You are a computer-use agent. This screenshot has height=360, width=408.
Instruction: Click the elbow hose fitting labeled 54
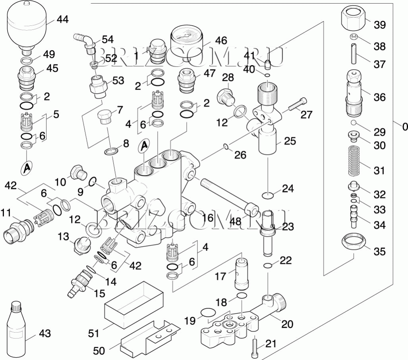85,41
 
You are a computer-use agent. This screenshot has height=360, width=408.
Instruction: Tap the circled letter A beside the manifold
144,146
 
